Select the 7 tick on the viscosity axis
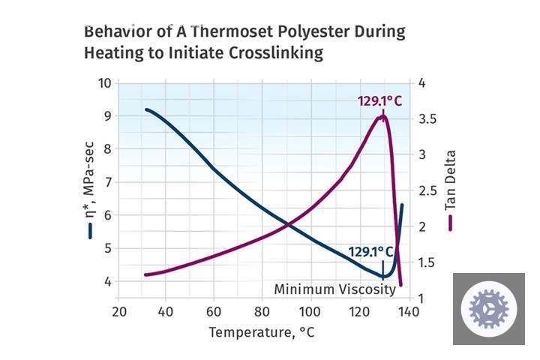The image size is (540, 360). pyautogui.click(x=107, y=182)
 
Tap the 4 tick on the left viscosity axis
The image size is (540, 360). pyautogui.click(x=107, y=281)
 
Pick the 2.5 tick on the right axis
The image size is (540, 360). pyautogui.click(x=428, y=190)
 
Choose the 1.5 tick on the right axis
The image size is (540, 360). pyautogui.click(x=428, y=262)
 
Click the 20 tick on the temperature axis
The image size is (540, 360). pyautogui.click(x=118, y=312)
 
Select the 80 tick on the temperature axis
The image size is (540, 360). pyautogui.click(x=262, y=312)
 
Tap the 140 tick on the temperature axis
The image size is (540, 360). pyautogui.click(x=408, y=312)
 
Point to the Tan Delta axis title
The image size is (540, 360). pyautogui.click(x=451, y=181)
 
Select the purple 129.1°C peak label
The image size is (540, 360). pyautogui.click(x=379, y=100)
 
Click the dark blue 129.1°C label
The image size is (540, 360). pyautogui.click(x=371, y=251)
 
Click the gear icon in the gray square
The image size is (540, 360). pyautogui.click(x=489, y=308)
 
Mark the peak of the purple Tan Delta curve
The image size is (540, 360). pyautogui.click(x=384, y=115)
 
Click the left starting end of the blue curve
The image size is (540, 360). pyautogui.click(x=145, y=109)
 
